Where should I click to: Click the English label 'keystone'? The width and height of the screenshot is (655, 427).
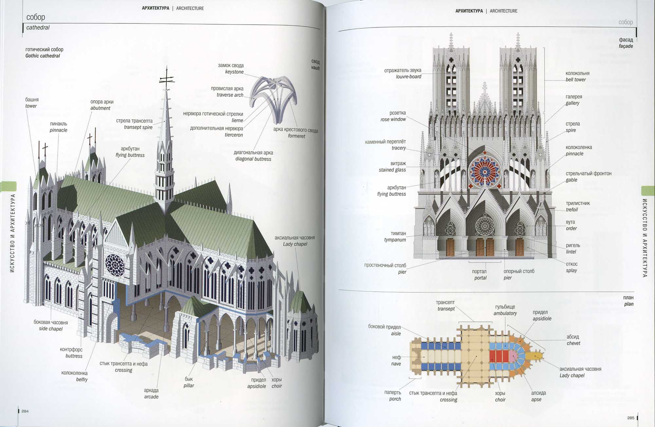point(234,72)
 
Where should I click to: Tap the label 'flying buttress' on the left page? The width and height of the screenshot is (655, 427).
point(130,155)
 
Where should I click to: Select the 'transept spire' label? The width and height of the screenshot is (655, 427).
point(138,127)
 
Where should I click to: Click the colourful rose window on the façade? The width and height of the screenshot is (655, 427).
point(485,171)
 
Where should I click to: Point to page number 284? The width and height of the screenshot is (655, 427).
point(25,411)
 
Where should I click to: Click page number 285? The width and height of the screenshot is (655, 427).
point(630,418)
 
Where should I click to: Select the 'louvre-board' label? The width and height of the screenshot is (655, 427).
point(408,77)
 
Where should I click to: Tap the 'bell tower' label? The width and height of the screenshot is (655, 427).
point(575,80)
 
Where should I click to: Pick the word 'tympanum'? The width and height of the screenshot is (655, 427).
point(395,240)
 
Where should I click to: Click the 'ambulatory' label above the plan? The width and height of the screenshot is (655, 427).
point(505,313)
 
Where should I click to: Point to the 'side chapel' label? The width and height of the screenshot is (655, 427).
point(51,329)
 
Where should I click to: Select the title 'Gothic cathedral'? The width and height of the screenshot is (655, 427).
point(43,56)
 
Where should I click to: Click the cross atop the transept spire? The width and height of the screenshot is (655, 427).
point(167,79)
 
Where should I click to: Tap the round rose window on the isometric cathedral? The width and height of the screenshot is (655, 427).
point(114,265)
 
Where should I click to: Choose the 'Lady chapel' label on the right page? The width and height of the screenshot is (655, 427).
point(572,376)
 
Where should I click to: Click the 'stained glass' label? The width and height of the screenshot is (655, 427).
point(392,170)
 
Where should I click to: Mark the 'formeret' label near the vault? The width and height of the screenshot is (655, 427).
point(296,136)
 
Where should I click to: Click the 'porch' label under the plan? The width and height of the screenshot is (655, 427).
point(395,399)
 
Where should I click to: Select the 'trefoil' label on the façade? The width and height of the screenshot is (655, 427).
point(572,210)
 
